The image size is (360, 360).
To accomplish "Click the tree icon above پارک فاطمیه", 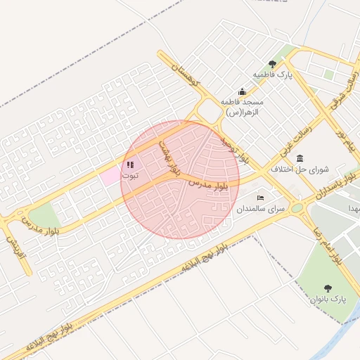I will [273, 64].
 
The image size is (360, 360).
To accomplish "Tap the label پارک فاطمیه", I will [273, 74].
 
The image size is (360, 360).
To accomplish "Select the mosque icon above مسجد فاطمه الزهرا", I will [243, 91].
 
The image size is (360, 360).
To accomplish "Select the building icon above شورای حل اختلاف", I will [300, 157].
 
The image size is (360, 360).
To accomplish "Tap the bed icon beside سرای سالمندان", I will [261, 199].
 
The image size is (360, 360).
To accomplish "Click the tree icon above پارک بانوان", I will [328, 288].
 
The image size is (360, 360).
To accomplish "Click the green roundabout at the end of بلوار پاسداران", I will [297, 208].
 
